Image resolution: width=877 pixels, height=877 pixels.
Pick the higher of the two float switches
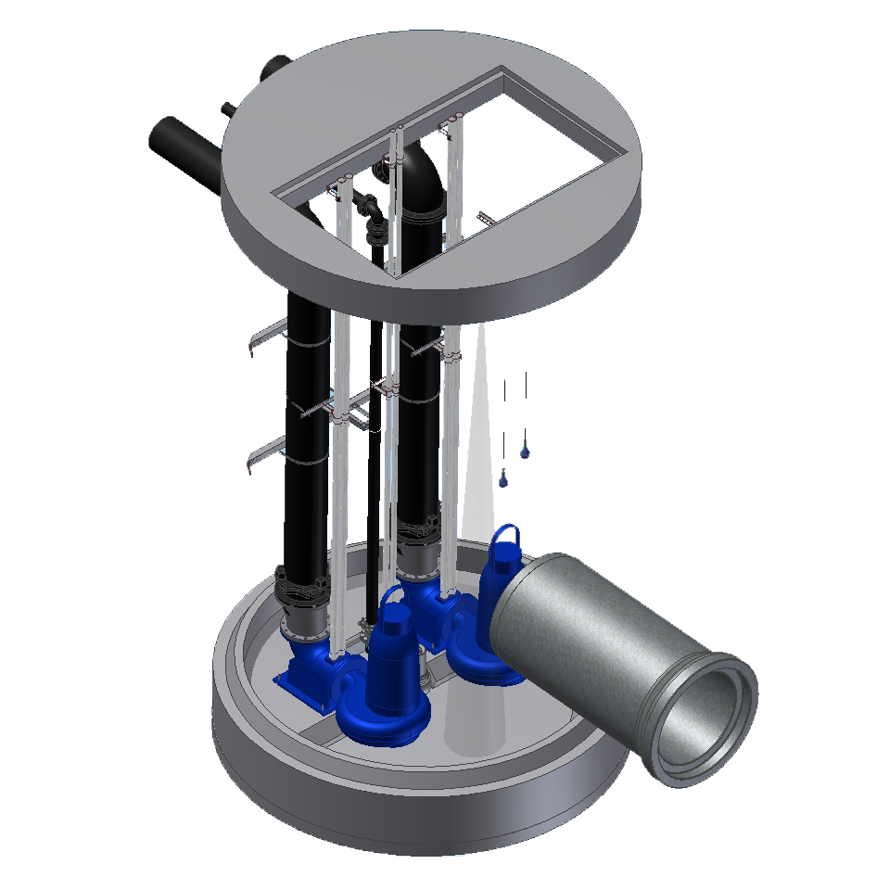pos(525,451)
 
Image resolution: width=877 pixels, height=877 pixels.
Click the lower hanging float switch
pos(503,479)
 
